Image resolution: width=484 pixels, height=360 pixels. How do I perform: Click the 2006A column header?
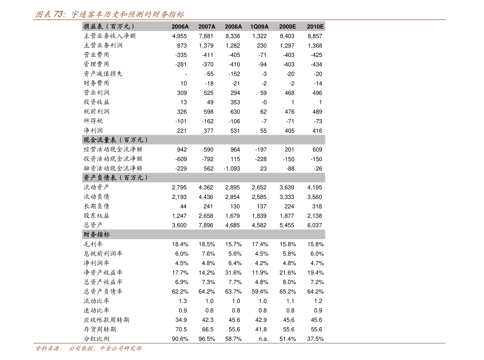click(180, 26)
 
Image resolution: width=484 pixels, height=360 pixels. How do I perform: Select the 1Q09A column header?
click(259, 26)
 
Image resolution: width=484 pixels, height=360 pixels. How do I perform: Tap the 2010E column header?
click(315, 26)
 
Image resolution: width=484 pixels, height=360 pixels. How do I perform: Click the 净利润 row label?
click(93, 131)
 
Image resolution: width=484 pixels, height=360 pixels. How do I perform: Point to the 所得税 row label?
click(93, 121)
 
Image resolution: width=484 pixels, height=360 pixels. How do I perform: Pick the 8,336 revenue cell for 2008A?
click(233, 36)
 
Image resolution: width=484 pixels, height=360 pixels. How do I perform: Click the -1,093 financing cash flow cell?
click(232, 169)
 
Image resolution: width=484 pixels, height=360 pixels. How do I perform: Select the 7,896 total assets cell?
click(206, 226)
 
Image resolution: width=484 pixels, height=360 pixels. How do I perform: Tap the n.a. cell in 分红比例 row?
click(263, 339)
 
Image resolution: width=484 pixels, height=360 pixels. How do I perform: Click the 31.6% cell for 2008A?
click(233, 273)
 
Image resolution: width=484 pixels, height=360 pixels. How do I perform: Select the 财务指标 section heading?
click(97, 235)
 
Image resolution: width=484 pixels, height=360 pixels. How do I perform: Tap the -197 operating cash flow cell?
click(261, 150)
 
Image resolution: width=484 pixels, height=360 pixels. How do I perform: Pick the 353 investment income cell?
click(235, 102)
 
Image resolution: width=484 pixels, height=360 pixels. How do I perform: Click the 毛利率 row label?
click(93, 244)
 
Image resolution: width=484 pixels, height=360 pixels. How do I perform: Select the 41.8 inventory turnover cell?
click(261, 329)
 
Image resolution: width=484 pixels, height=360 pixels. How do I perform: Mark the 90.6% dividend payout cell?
click(180, 339)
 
